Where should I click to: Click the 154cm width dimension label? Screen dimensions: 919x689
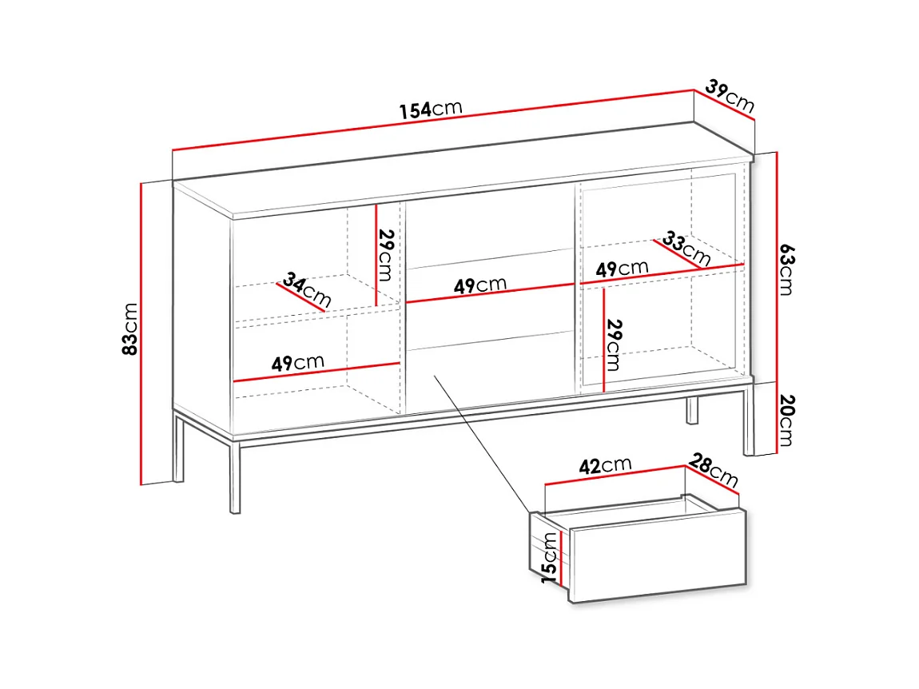[x=431, y=109]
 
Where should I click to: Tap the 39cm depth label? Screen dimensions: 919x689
[x=730, y=96]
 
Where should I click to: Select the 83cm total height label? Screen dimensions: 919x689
[x=129, y=329]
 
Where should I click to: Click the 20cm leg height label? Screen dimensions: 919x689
[x=787, y=420]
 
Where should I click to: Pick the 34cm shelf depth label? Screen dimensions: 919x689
[x=307, y=289]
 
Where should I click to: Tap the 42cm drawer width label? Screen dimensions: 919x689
[x=606, y=465]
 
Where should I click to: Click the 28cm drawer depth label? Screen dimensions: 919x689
[x=714, y=470]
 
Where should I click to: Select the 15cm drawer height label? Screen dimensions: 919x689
[x=549, y=558]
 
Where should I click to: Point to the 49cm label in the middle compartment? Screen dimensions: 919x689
[x=480, y=285]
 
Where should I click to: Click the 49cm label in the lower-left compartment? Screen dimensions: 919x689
[x=298, y=363]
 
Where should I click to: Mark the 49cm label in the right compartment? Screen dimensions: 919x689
[x=622, y=269]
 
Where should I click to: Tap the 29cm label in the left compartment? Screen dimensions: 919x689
[x=386, y=255]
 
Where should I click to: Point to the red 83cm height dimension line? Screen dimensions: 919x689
[x=141, y=334]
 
